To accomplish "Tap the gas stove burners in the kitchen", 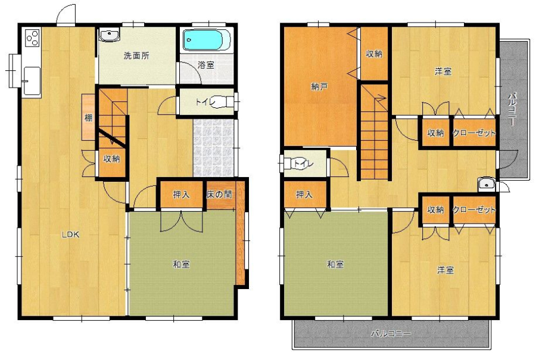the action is pyautogui.click(x=32, y=38).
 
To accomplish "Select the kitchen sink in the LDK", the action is pyautogui.click(x=32, y=79).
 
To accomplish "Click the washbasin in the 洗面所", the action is pyautogui.click(x=110, y=35).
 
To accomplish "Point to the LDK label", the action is pyautogui.click(x=70, y=235).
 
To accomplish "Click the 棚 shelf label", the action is pyautogui.click(x=88, y=118).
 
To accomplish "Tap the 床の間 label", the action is pyautogui.click(x=219, y=194).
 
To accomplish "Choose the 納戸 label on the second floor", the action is pyautogui.click(x=320, y=87).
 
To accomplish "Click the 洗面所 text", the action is pyautogui.click(x=136, y=56).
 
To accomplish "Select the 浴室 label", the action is pyautogui.click(x=206, y=65).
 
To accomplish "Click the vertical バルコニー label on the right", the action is pyautogui.click(x=512, y=109).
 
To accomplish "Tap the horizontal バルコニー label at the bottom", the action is pyautogui.click(x=391, y=333).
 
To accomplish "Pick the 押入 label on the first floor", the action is pyautogui.click(x=181, y=194).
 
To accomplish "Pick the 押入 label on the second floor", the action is pyautogui.click(x=304, y=194).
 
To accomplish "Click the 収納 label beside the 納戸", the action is pyautogui.click(x=373, y=54).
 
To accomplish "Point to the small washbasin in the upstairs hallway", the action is pyautogui.click(x=486, y=184).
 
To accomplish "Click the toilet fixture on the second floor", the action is pyautogui.click(x=293, y=163).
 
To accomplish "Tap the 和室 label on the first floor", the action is pyautogui.click(x=181, y=265).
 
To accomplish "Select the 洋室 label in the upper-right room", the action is pyautogui.click(x=443, y=72).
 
